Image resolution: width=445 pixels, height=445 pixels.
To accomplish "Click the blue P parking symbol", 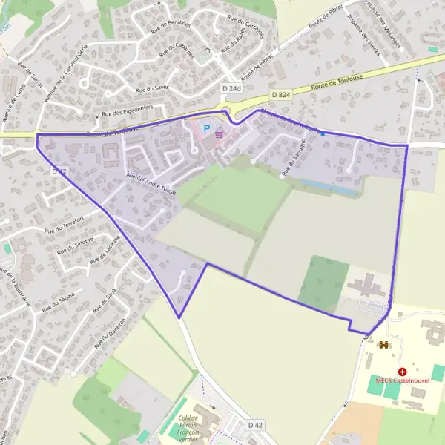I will pos(208,128).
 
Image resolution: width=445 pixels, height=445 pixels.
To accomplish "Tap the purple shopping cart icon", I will pos(219,135).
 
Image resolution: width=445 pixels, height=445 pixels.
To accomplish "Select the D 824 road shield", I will pos(280,95).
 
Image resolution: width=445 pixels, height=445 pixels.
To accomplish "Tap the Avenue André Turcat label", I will pos(151,182).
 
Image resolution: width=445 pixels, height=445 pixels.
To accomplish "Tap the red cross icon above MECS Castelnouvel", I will pos(402,371).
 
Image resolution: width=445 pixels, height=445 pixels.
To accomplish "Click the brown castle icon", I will pos(383,344).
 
